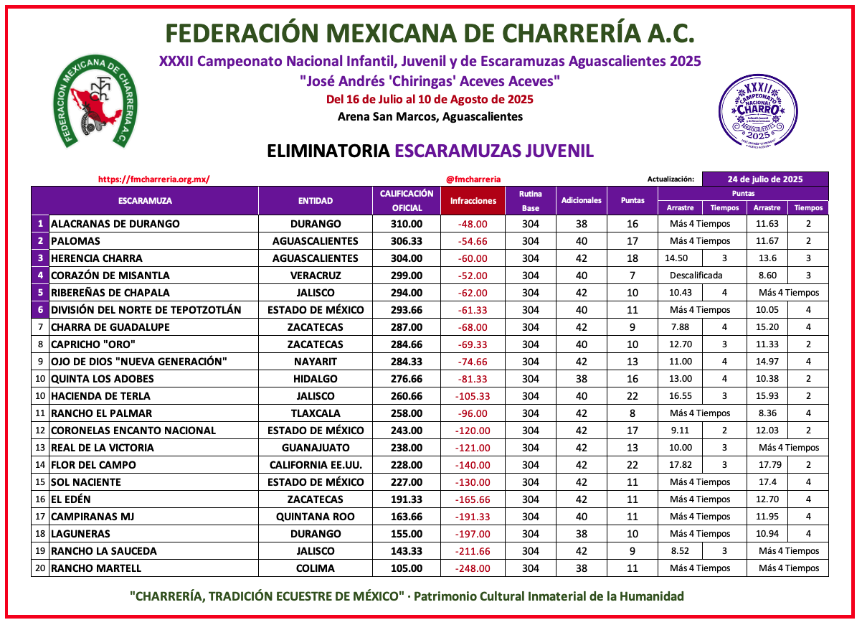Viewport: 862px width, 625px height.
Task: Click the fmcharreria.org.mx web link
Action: click(153, 179)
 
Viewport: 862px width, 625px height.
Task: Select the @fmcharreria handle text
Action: click(473, 179)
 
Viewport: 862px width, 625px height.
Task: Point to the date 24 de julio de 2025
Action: click(765, 179)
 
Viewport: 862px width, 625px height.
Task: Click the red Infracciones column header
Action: click(473, 201)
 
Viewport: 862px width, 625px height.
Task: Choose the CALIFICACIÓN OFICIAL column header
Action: click(407, 201)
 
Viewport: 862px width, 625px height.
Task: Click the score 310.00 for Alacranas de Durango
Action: click(407, 224)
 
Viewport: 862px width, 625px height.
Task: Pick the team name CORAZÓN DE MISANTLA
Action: click(110, 276)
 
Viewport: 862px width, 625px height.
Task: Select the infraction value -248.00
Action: click(473, 568)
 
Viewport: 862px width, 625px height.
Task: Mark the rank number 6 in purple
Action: click(40, 310)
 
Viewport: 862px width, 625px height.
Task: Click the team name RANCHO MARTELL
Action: click(96, 568)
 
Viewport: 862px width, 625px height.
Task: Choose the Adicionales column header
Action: click(582, 201)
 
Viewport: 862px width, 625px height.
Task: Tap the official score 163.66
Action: click(407, 517)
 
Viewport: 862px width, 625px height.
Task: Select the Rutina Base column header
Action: click(531, 201)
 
